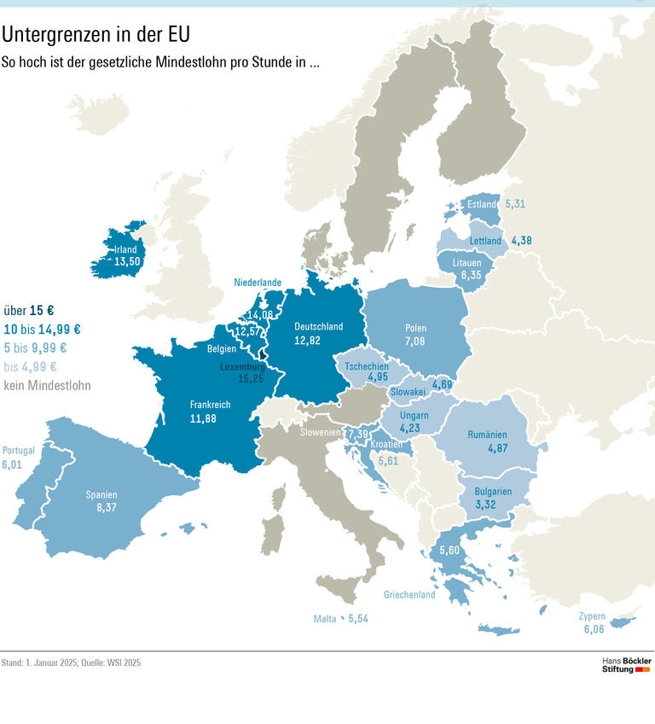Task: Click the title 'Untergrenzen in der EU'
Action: coord(96,34)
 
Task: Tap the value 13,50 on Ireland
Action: coord(127,262)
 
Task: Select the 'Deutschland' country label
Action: coord(318,326)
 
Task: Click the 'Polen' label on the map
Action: coord(416,328)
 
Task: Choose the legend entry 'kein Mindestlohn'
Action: coord(47,386)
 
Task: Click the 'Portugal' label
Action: coord(19,451)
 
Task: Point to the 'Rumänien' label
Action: coord(487,435)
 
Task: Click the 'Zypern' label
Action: coord(592,616)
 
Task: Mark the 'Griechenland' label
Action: coord(409,595)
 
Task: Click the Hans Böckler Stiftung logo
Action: coord(626,665)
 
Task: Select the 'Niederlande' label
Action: coord(258,283)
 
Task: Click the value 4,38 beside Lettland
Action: coord(521,241)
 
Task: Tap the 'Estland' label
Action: coord(482,205)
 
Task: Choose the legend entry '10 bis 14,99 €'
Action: coord(43,330)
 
